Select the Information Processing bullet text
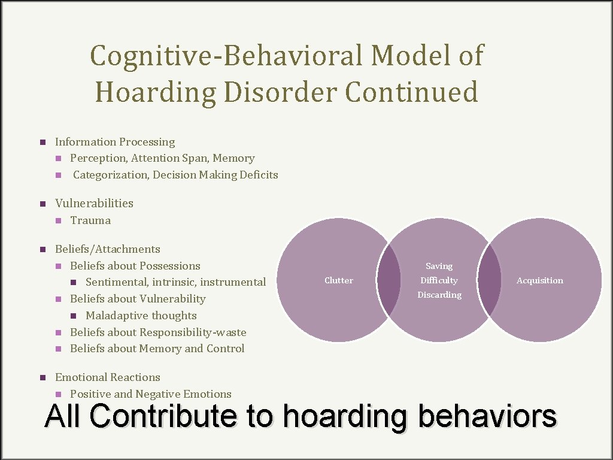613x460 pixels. coord(115,142)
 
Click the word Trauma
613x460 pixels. coord(90,220)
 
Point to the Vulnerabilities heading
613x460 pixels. coord(94,203)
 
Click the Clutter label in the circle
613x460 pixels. coord(339,280)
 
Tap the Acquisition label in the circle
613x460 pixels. coord(540,280)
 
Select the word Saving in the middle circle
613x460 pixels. coord(439,266)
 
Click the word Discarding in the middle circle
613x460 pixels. coord(439,295)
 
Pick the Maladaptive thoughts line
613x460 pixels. coord(141,316)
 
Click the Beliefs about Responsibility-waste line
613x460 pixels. coord(158,332)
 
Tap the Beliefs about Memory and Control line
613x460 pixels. coord(157,349)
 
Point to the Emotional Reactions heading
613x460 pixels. coord(108,377)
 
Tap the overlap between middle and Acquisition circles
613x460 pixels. coord(490,280)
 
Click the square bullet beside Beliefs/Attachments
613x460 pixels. coord(43,249)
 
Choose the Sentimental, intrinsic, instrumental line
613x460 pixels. coord(175,282)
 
